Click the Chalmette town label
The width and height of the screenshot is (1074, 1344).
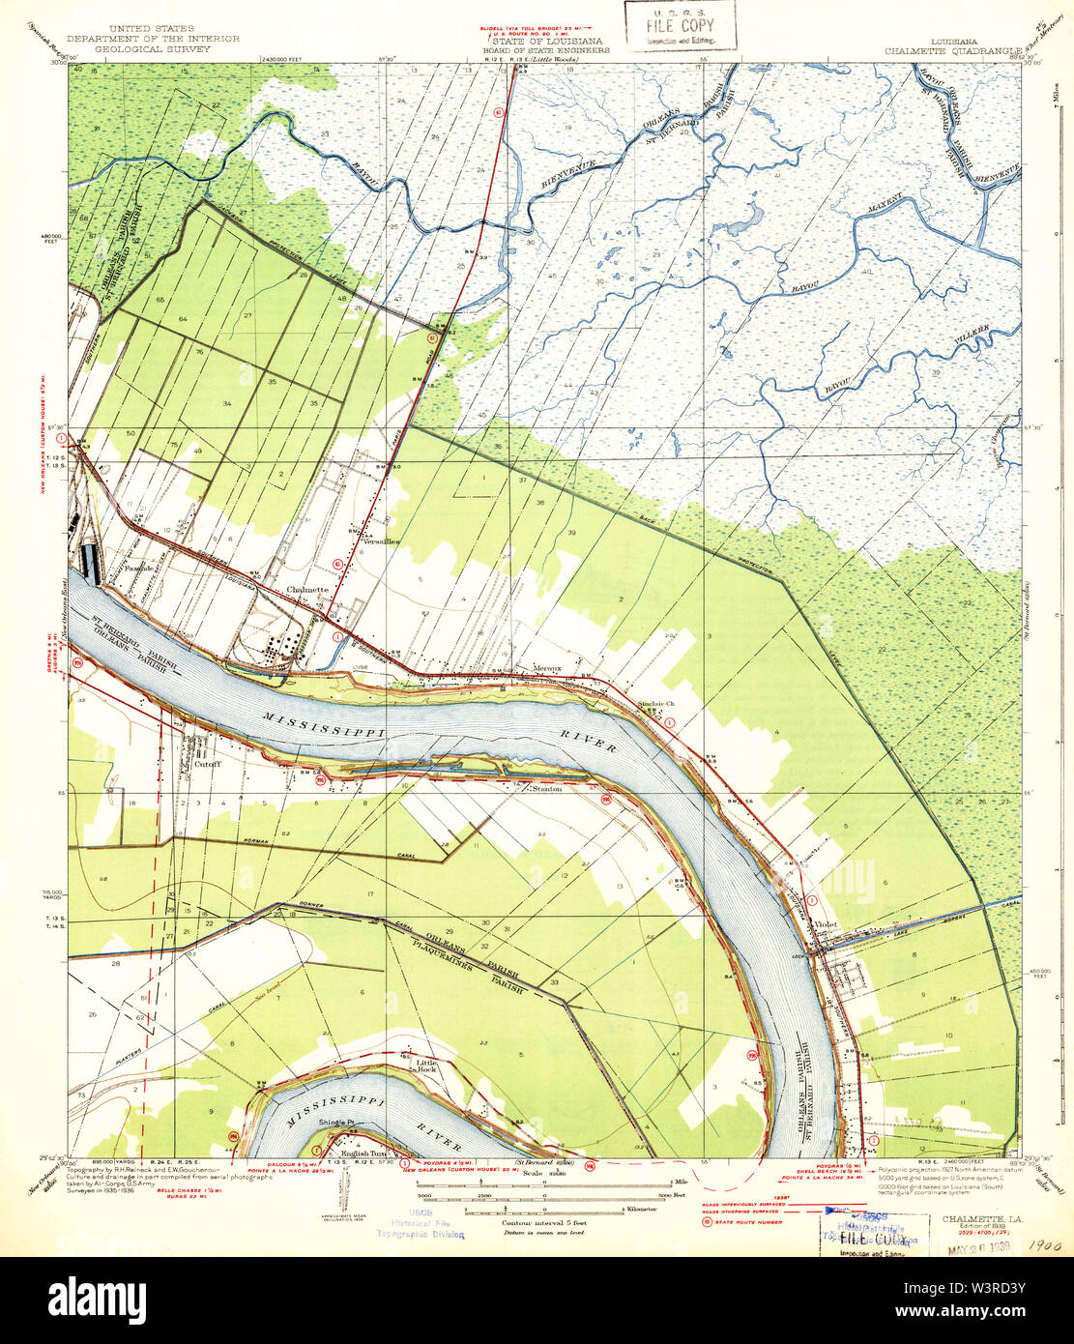(x=307, y=590)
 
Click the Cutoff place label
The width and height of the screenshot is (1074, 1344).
(x=208, y=764)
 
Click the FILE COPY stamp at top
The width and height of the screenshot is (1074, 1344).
(x=681, y=25)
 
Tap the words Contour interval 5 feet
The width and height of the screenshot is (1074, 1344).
(x=543, y=1222)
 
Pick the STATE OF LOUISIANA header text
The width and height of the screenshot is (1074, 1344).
(x=547, y=42)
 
